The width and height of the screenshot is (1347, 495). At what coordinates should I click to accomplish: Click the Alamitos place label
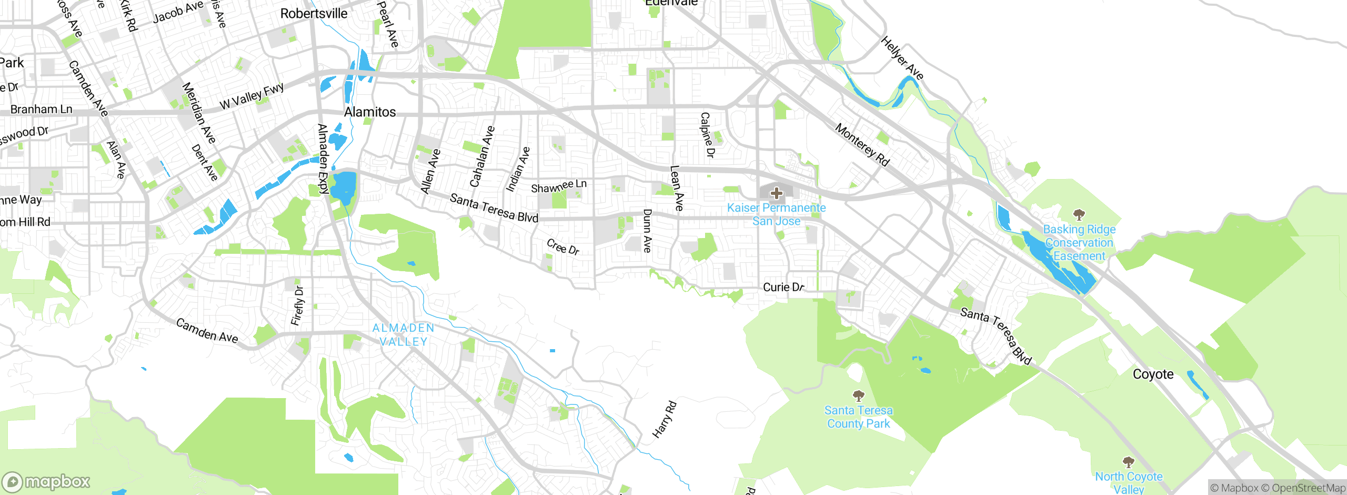370,112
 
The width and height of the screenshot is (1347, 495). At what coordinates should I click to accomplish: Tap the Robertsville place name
314,14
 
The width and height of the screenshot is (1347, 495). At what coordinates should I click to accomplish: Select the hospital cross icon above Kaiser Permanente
776,193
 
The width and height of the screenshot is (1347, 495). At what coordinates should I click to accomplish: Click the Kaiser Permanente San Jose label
776,214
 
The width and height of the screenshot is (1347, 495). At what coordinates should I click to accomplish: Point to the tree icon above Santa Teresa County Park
858,395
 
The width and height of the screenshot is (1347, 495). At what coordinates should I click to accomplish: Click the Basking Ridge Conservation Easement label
1079,243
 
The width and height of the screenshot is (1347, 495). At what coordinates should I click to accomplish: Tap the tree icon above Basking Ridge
1079,214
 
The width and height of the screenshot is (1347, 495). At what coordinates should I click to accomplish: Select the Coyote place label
1153,374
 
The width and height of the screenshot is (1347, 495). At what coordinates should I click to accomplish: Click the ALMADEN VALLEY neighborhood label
404,335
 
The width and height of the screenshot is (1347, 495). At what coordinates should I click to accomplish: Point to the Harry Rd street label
665,420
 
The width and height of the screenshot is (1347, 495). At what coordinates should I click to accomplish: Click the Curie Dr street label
783,287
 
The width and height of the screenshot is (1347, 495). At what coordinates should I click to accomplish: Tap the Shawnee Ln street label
558,186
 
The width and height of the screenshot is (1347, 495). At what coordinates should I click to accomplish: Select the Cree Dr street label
562,246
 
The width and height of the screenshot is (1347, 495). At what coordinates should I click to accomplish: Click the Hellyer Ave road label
902,58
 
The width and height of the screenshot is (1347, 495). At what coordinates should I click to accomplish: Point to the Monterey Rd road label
862,145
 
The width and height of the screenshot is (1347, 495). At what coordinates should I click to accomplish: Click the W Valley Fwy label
252,96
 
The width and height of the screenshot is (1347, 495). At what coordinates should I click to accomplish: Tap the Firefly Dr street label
298,306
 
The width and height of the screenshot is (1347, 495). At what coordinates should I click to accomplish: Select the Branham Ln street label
42,110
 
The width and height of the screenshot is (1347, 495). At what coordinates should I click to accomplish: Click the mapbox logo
46,481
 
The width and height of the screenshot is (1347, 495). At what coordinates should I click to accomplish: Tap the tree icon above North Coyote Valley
1128,462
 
